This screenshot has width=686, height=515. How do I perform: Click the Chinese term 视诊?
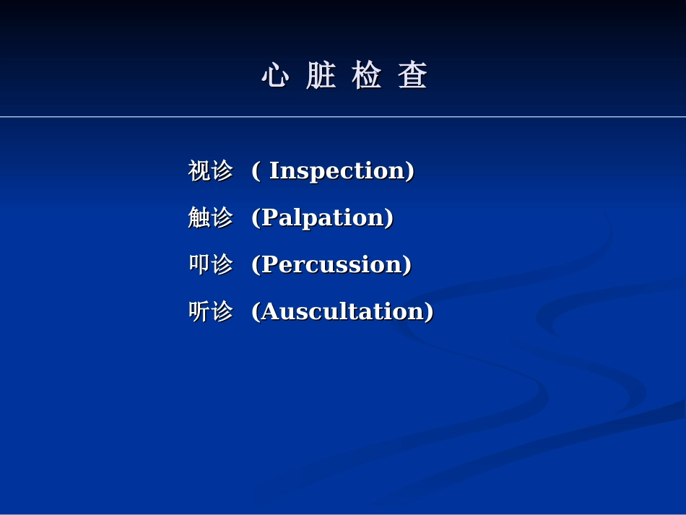[210, 171]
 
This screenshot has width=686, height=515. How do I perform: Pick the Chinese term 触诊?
[210, 217]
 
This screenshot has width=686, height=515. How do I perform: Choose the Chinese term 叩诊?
[210, 264]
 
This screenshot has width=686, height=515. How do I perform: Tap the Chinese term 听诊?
[210, 311]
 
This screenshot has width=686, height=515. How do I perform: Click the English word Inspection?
[337, 171]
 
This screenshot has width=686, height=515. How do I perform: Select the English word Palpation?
[323, 217]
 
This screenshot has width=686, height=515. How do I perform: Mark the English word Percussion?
[331, 264]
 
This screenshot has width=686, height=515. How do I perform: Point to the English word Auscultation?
[342, 311]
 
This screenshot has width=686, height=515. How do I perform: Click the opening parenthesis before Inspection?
[255, 171]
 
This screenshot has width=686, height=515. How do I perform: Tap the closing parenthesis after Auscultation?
[430, 311]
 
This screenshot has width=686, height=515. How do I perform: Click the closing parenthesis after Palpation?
[390, 217]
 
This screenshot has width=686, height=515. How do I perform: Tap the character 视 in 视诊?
[199, 171]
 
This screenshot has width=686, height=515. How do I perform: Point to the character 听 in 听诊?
[199, 311]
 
